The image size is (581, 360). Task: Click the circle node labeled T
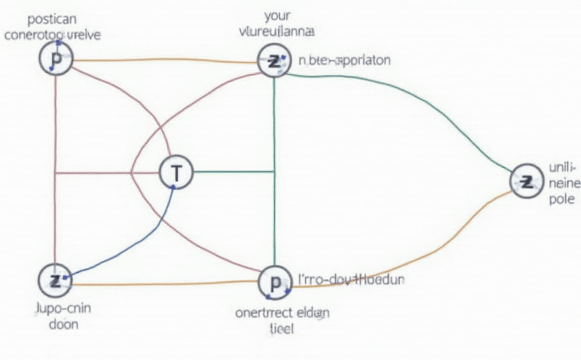[177, 172]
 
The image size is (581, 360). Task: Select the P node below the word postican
[57, 60]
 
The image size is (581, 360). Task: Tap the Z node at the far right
[527, 182]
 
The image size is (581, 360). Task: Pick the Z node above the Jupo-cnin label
[56, 281]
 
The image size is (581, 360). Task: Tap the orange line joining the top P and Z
[162, 61]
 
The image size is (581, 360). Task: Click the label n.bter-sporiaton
[344, 61]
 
